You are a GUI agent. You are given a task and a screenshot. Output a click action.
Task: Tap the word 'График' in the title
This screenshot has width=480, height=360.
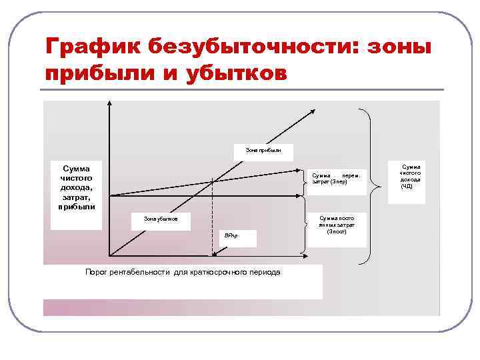[x=92, y=47]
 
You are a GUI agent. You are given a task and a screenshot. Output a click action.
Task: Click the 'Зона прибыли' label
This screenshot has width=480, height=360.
[x=263, y=151]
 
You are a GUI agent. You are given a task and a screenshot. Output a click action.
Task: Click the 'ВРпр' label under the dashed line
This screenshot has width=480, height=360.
[x=231, y=237]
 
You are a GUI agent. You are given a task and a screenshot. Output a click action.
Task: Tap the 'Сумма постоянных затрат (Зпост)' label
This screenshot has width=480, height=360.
[x=337, y=225]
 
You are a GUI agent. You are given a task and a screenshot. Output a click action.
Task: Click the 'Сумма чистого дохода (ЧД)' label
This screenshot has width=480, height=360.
[x=409, y=177]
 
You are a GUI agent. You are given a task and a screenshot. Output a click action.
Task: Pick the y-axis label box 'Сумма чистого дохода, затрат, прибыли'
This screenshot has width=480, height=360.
[x=77, y=187]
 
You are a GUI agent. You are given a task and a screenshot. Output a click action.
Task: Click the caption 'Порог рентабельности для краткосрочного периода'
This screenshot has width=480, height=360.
[x=183, y=273]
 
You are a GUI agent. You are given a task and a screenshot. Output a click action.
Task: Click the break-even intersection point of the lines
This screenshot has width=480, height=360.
[x=213, y=181]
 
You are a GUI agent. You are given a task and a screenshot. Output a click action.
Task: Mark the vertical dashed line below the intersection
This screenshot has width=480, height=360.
[x=213, y=220]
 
